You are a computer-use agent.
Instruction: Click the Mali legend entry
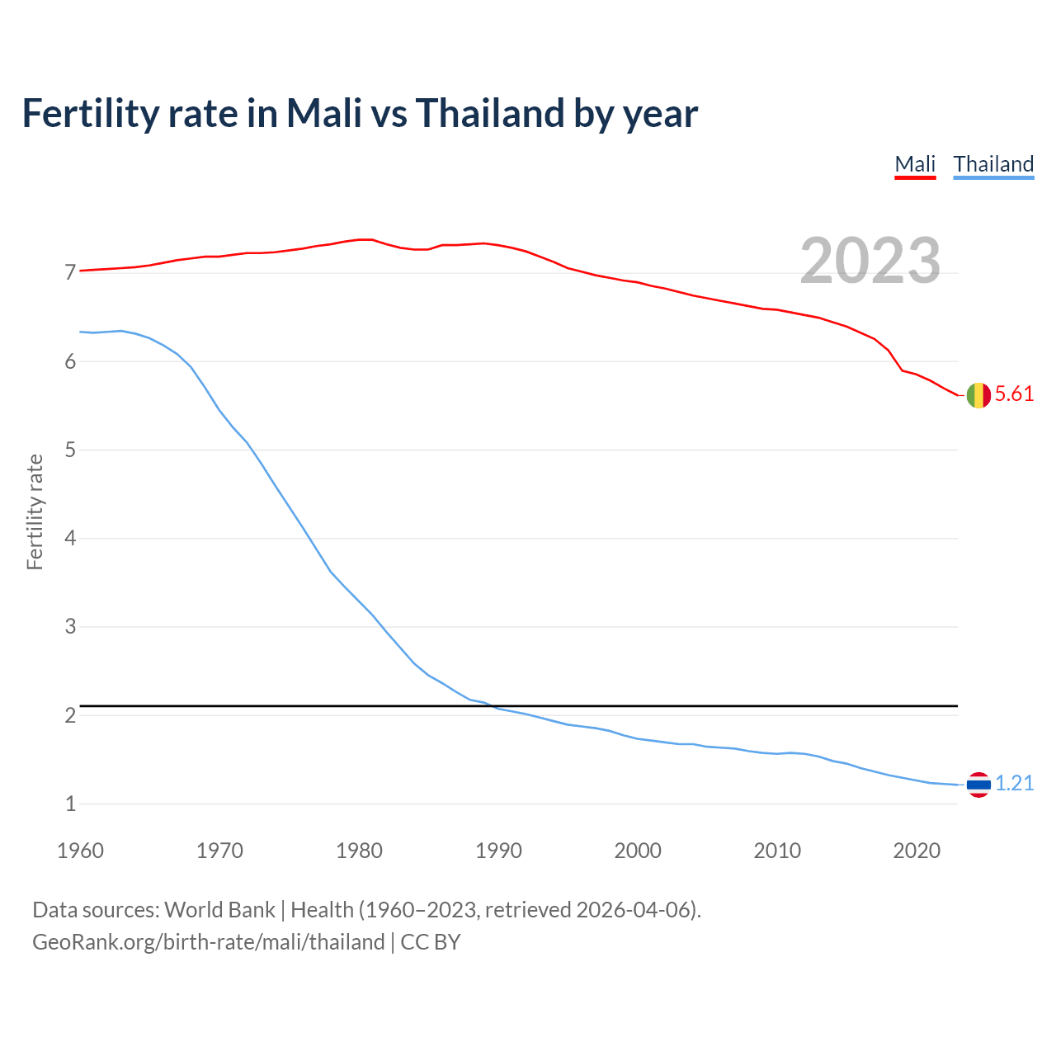coord(915,164)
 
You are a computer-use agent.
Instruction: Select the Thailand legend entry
coord(993,164)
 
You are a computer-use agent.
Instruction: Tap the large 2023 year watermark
coord(870,261)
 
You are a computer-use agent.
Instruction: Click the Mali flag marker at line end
coord(978,395)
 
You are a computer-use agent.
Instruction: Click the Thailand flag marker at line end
coord(978,785)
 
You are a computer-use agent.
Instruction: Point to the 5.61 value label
coord(1014,394)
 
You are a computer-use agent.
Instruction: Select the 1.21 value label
coord(1014,784)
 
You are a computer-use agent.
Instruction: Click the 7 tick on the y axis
coord(70,273)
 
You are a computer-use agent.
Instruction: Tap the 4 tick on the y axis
coord(70,539)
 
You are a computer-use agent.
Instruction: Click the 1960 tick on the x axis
coord(80,851)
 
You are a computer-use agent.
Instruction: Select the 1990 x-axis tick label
coord(498,851)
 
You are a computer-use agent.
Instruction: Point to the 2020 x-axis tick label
coord(917,851)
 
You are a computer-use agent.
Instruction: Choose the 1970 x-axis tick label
coord(219,851)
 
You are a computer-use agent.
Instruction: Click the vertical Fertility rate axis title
coord(35,511)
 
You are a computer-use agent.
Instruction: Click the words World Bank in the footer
coord(219,910)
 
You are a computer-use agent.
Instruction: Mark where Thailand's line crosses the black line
coord(493,706)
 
